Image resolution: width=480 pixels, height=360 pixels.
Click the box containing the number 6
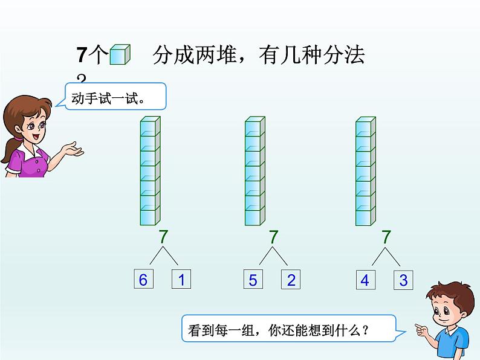[143, 278]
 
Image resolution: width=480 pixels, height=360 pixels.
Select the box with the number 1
[181, 278]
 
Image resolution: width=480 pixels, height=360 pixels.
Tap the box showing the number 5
[253, 279]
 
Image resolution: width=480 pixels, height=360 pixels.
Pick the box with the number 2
[291, 279]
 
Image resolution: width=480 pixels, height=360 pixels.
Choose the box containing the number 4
[366, 280]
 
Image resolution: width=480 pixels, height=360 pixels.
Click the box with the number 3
[403, 280]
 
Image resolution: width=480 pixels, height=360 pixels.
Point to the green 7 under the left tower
[164, 236]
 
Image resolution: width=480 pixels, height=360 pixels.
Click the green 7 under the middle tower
[273, 237]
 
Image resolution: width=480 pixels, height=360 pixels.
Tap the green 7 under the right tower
[386, 237]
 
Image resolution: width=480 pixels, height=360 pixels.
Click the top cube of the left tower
[151, 126]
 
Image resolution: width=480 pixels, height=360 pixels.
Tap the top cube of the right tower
[366, 127]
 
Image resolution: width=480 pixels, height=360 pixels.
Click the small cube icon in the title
[120, 54]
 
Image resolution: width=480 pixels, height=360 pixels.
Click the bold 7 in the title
[82, 55]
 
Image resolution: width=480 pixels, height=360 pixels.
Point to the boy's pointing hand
[422, 329]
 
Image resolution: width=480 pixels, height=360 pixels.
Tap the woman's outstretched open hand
[73, 150]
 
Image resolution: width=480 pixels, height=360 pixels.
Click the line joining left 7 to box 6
[157, 256]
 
